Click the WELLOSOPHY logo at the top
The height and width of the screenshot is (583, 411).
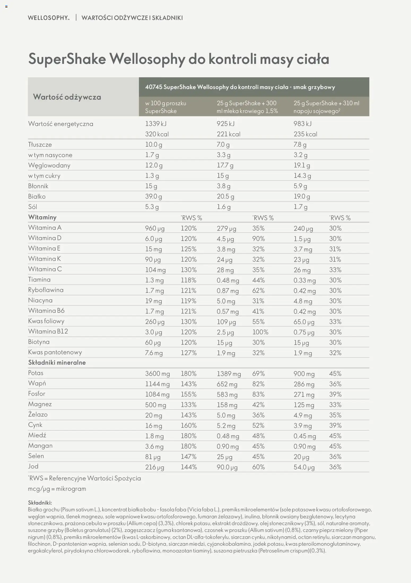coord(49,18)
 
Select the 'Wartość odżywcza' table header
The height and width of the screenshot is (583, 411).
coord(67,97)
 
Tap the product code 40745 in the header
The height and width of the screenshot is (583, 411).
coord(154,87)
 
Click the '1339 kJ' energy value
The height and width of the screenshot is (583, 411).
coord(156,124)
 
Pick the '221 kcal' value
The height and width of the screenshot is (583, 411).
coord(228,134)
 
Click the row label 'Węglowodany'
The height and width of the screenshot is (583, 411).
coord(49,165)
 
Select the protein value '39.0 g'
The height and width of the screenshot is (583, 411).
coord(153,196)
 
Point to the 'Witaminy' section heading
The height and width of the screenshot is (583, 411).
coord(42,217)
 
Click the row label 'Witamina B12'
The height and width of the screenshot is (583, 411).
coord(48,331)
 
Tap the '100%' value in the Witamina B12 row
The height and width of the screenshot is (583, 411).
coord(260,332)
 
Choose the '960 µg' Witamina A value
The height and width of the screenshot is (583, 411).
coord(155,228)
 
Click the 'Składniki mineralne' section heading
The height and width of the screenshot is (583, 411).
coord(57,362)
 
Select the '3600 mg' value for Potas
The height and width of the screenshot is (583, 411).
coord(157,374)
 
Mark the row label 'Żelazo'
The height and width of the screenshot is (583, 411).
coord(38,414)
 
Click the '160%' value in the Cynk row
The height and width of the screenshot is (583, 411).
coord(189,426)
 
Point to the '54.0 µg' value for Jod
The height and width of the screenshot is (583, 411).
coord(304,467)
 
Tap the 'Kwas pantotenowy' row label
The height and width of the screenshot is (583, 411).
coord(55,352)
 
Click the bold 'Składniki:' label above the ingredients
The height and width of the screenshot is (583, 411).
coord(40,502)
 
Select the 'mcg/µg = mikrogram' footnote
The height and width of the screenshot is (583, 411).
coord(57,489)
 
